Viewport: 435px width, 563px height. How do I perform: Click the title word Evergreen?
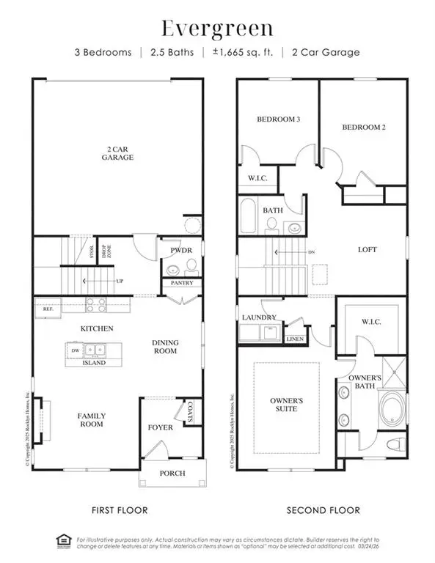[x=217, y=29]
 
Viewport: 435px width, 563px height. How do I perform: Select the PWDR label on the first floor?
[x=172, y=250]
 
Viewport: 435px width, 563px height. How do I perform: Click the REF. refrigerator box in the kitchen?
[x=48, y=309]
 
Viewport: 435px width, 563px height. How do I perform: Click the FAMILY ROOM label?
[x=92, y=419]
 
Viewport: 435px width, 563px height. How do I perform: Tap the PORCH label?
[x=173, y=473]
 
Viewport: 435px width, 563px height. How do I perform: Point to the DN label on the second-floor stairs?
[x=311, y=253]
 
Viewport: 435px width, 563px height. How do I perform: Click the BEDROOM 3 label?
[x=276, y=119]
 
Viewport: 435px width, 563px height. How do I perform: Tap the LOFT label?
[x=367, y=250]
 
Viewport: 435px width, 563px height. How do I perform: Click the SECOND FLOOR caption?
[x=323, y=509]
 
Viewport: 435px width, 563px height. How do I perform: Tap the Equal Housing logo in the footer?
[x=62, y=542]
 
